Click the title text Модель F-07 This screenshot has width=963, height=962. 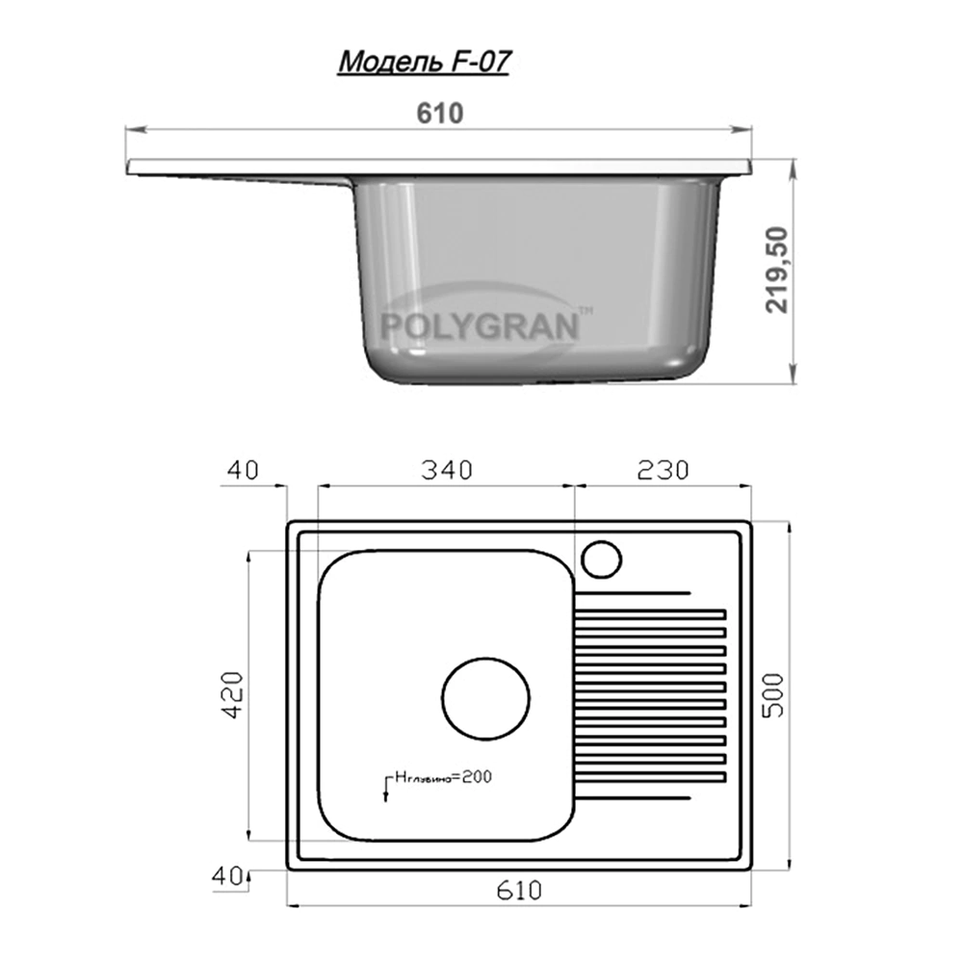click(423, 62)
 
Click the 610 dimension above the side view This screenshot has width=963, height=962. click(441, 113)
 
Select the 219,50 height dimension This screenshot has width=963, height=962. click(776, 271)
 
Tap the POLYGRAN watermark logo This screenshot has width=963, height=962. click(480, 325)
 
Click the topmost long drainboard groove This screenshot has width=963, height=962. click(633, 591)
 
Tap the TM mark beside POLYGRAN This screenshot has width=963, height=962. click(585, 311)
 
